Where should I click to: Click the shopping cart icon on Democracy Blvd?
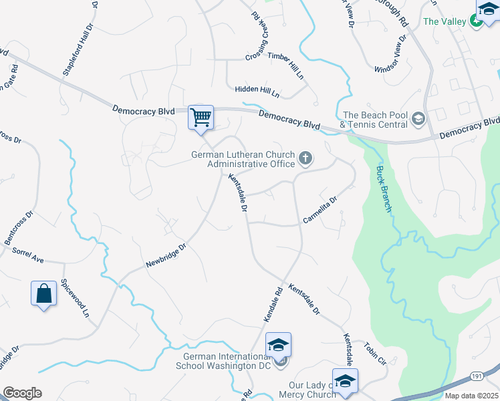201,118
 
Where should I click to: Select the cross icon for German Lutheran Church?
305,158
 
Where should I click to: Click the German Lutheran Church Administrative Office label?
243,159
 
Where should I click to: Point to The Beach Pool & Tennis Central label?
374,120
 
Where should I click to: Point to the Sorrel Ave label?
27,255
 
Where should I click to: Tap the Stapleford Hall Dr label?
78,53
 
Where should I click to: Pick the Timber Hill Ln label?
285,65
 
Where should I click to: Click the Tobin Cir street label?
376,354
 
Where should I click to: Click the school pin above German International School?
278,345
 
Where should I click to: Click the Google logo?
22,393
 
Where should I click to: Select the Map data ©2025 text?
471,396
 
